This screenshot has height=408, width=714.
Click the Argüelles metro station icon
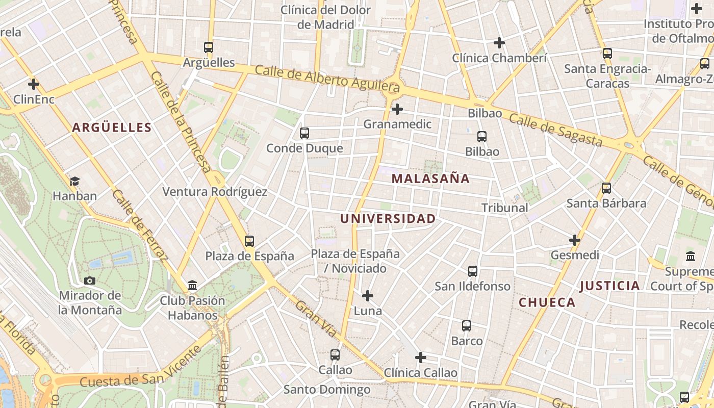tap(209, 47)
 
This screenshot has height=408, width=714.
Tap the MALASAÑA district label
tap(430, 178)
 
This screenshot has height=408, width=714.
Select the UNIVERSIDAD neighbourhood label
tap(388, 219)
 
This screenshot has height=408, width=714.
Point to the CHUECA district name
tap(547, 302)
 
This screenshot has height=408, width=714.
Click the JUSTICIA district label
tap(609, 286)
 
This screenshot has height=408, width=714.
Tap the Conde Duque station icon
tap(304, 133)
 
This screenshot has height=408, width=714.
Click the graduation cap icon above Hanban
tap(75, 181)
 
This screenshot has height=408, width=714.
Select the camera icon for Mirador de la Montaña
tap(90, 280)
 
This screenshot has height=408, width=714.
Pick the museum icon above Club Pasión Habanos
tap(192, 286)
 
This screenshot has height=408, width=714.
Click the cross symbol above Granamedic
tap(397, 109)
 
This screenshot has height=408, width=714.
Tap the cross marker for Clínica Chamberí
tap(499, 43)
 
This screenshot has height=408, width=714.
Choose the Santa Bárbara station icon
tap(606, 188)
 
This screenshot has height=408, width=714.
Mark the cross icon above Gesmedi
tap(575, 240)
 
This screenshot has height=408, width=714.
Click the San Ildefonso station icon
tap(473, 271)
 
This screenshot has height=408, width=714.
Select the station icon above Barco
tap(467, 326)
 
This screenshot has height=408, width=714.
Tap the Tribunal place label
tap(505, 208)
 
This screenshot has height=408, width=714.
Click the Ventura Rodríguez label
tap(215, 192)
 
